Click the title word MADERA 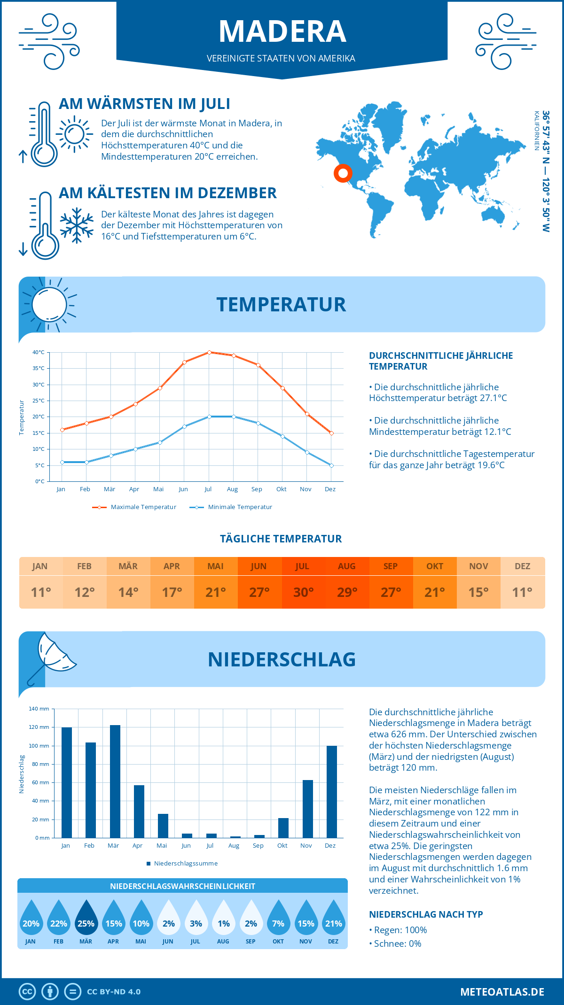pyautogui.click(x=282, y=31)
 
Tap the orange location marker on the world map pyautogui.click(x=343, y=173)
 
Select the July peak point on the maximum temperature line pyautogui.click(x=209, y=352)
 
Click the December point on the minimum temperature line pyautogui.click(x=331, y=465)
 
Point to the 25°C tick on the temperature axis pyautogui.click(x=39, y=401)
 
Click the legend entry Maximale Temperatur pyautogui.click(x=143, y=507)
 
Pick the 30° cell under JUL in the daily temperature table pyautogui.click(x=303, y=592)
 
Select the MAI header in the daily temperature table pyautogui.click(x=215, y=566)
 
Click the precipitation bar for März pyautogui.click(x=115, y=781)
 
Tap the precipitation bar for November pyautogui.click(x=307, y=809)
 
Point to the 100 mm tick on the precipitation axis pyautogui.click(x=39, y=746)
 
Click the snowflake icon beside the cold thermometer pyautogui.click(x=77, y=225)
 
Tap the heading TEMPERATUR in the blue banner pyautogui.click(x=281, y=304)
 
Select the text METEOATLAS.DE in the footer pyautogui.click(x=502, y=992)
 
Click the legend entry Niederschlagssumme pyautogui.click(x=185, y=864)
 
